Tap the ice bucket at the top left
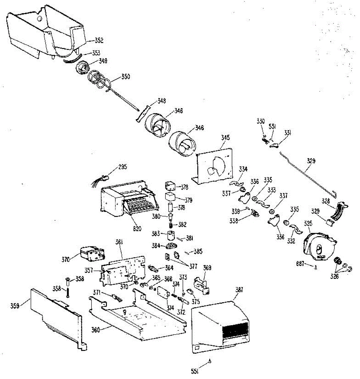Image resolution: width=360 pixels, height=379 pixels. click(x=44, y=32)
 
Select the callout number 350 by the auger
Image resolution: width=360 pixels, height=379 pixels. click(x=125, y=77)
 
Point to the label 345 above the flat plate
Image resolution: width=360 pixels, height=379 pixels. click(x=225, y=138)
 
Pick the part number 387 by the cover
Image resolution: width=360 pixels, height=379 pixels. click(x=239, y=290)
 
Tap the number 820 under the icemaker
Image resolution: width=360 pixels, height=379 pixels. click(x=137, y=229)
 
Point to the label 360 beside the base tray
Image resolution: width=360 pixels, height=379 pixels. click(x=95, y=330)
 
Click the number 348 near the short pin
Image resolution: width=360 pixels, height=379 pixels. click(x=162, y=101)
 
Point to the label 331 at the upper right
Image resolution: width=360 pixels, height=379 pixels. click(x=287, y=134)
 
